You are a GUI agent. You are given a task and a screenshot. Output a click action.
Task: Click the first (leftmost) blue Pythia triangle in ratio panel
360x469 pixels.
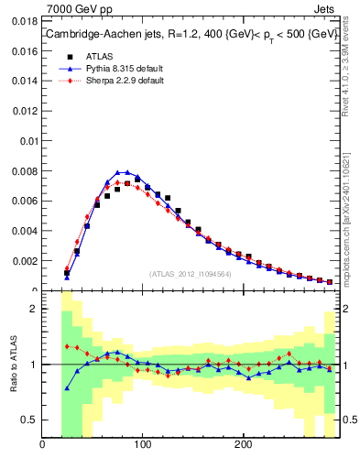tap(67, 387)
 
